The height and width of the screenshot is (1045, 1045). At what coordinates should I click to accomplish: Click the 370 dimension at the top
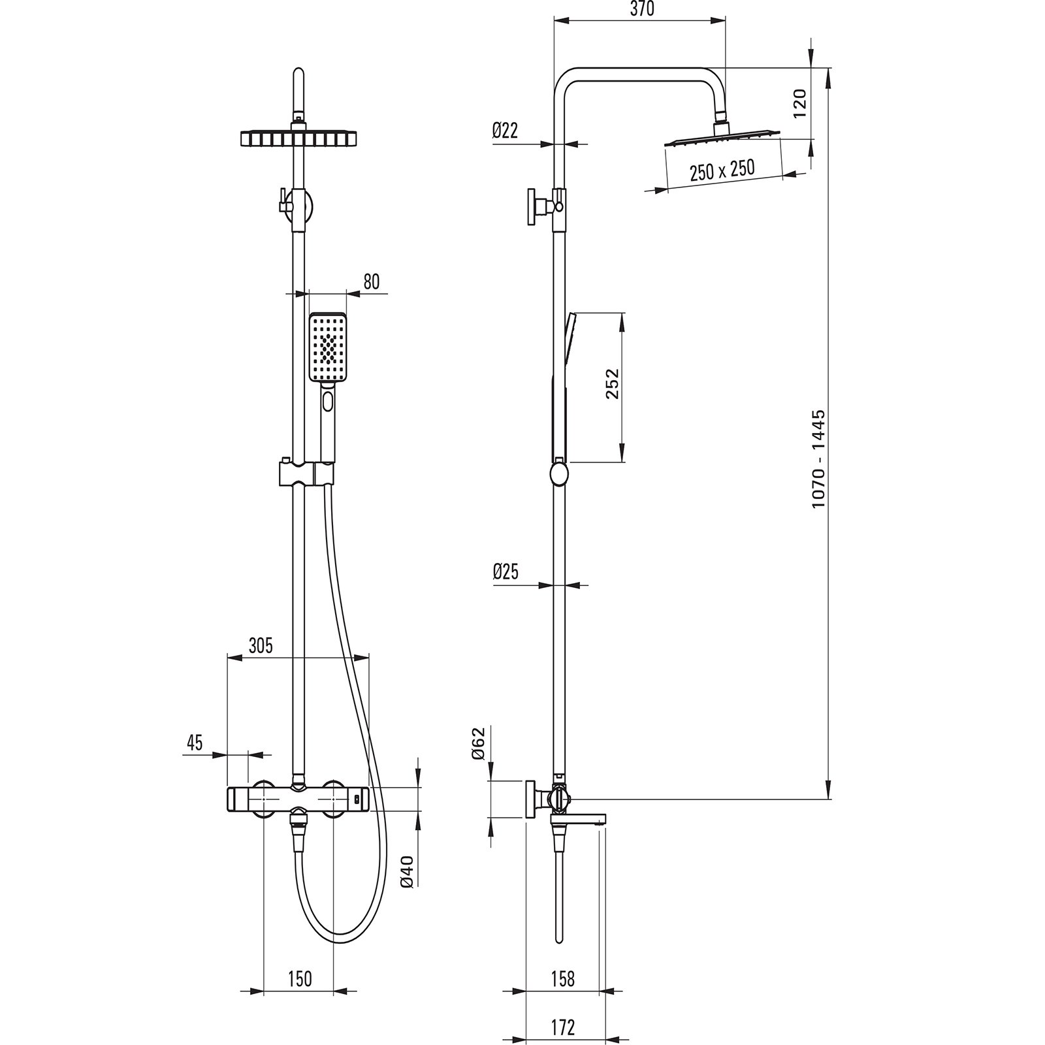(x=642, y=10)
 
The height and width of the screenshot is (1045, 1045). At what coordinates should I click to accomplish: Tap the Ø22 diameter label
(x=505, y=131)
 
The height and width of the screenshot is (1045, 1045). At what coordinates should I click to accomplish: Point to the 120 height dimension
(x=800, y=103)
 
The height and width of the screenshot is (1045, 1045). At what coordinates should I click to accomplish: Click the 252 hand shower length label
(x=611, y=385)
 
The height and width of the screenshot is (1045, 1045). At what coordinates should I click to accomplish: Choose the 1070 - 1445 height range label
(x=819, y=459)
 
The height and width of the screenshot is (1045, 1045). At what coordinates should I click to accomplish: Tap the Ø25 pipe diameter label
(x=505, y=573)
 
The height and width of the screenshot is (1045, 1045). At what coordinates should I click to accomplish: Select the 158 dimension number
(x=562, y=979)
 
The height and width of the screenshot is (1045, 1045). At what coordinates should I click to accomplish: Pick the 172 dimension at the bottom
(x=562, y=1027)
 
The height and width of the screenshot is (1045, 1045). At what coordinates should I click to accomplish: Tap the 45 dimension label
(x=195, y=743)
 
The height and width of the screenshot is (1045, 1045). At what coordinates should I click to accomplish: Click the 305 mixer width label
(x=260, y=645)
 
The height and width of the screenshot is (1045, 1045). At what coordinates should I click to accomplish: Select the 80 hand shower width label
(x=371, y=281)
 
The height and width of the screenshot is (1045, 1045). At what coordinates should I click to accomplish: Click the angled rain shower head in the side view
(x=723, y=137)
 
